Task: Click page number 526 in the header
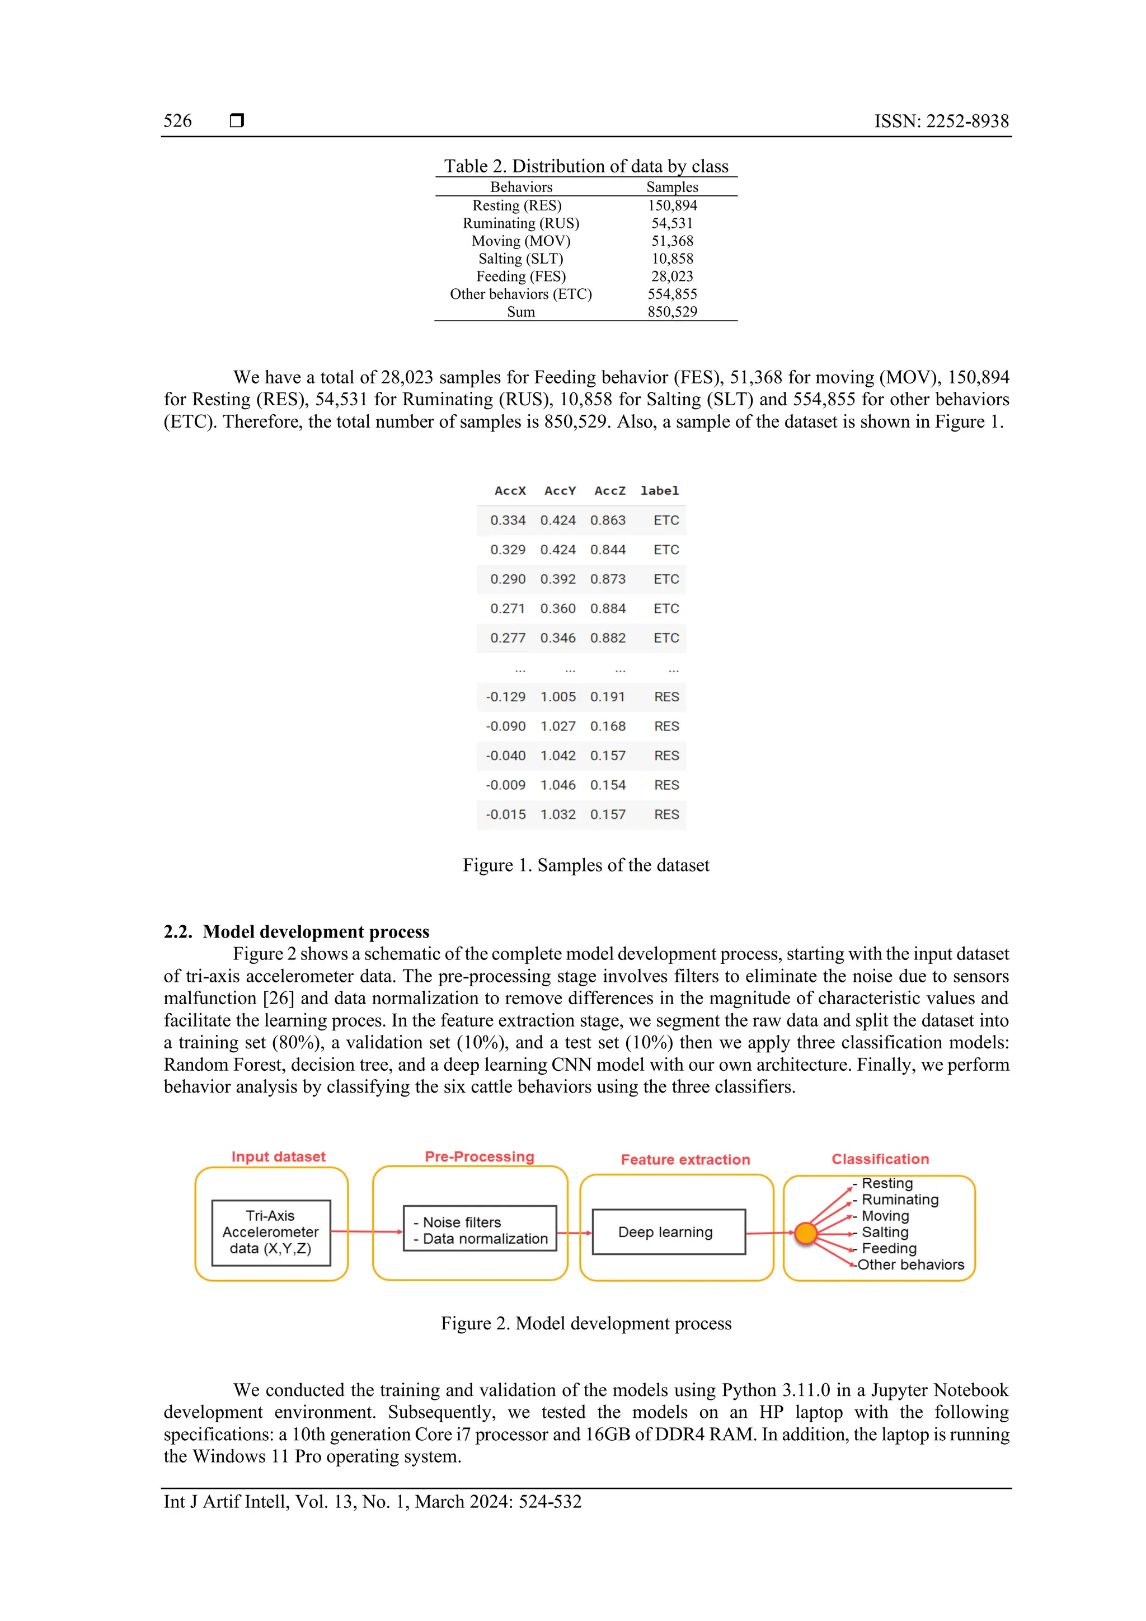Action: (177, 121)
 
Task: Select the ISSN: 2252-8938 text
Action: (941, 121)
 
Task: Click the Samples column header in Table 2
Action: (672, 187)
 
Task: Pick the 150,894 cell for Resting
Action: (672, 205)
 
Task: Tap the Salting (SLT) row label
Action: (521, 259)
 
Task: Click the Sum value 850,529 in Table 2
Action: (672, 312)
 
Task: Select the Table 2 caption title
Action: (586, 167)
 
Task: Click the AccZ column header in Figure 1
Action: (610, 491)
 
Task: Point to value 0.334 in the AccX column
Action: (508, 521)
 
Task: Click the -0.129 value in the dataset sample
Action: (506, 697)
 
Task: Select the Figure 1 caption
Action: (586, 865)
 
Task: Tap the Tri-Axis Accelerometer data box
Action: (271, 1232)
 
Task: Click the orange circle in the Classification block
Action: (805, 1234)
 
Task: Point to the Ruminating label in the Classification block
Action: (900, 1200)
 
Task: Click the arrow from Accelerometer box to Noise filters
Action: (367, 1231)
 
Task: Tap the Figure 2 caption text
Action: (586, 1323)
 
